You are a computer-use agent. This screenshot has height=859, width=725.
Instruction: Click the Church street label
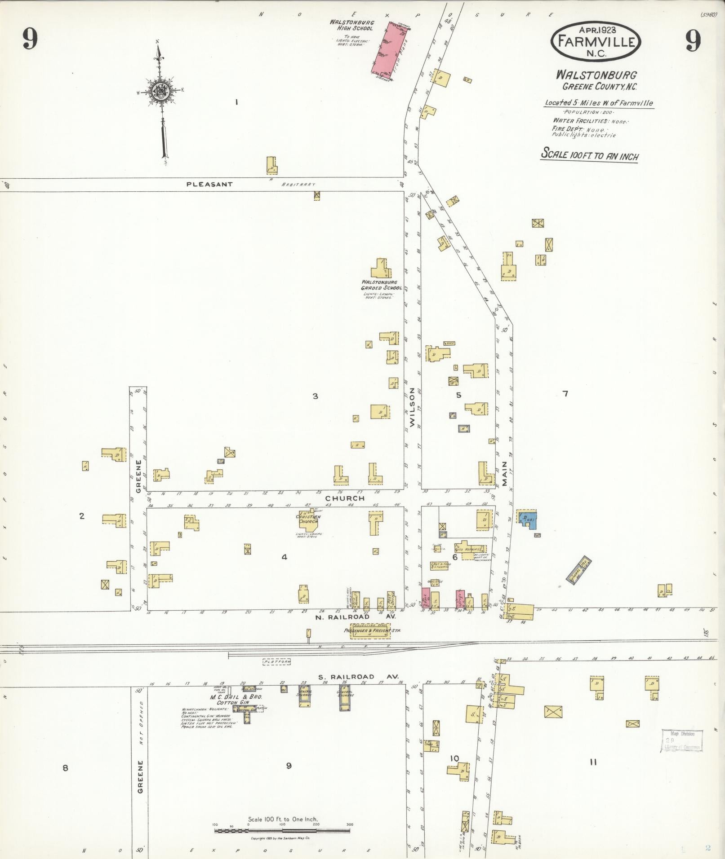(345, 498)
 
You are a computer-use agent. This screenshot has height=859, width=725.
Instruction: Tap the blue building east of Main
(528, 519)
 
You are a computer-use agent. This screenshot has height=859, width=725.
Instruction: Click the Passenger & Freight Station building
(371, 630)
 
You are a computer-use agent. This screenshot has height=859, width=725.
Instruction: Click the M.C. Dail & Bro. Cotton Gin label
(236, 700)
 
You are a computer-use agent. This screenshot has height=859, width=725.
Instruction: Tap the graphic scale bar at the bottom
(282, 831)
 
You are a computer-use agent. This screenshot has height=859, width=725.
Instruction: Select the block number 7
(565, 394)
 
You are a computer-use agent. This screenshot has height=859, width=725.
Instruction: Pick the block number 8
(65, 768)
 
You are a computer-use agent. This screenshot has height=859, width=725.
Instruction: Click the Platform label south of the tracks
(277, 661)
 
